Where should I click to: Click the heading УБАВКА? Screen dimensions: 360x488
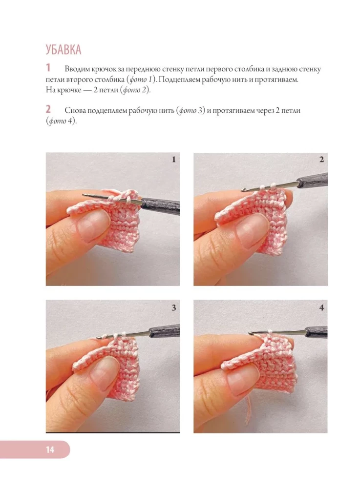[63, 50]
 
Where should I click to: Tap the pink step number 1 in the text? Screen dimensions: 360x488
[48, 68]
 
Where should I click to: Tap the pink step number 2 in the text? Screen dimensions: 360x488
[48, 109]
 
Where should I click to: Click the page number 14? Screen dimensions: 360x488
[50, 449]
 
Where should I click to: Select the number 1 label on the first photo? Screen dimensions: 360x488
[174, 160]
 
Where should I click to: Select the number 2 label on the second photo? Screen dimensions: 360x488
[322, 160]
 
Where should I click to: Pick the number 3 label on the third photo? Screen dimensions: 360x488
[174, 307]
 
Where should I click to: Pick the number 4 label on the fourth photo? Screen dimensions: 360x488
[322, 307]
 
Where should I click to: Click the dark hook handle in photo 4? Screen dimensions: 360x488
[316, 332]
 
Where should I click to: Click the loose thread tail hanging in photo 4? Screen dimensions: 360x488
[249, 407]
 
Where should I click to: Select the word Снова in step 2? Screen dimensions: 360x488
[75, 111]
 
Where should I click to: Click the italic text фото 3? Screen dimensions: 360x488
[191, 111]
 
